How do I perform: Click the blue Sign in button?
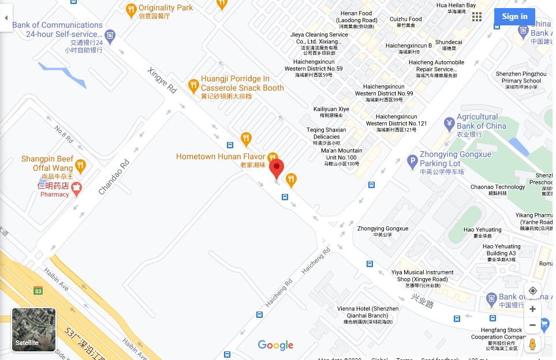point(514,17)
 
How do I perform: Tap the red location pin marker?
point(277,168)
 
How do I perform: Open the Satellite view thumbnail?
point(34,329)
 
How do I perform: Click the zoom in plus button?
point(532,309)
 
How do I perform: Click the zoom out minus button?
point(532,325)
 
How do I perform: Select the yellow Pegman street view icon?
point(532,344)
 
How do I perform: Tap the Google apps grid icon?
point(477,17)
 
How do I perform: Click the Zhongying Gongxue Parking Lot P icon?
point(412,162)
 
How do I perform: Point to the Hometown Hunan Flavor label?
point(220,156)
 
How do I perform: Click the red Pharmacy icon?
point(76,187)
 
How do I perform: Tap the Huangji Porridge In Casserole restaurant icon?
point(193,87)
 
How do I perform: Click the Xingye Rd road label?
point(162,81)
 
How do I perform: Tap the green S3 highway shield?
point(38,290)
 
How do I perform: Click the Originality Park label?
point(165,8)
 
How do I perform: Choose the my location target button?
point(532,290)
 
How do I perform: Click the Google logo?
point(275,345)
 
